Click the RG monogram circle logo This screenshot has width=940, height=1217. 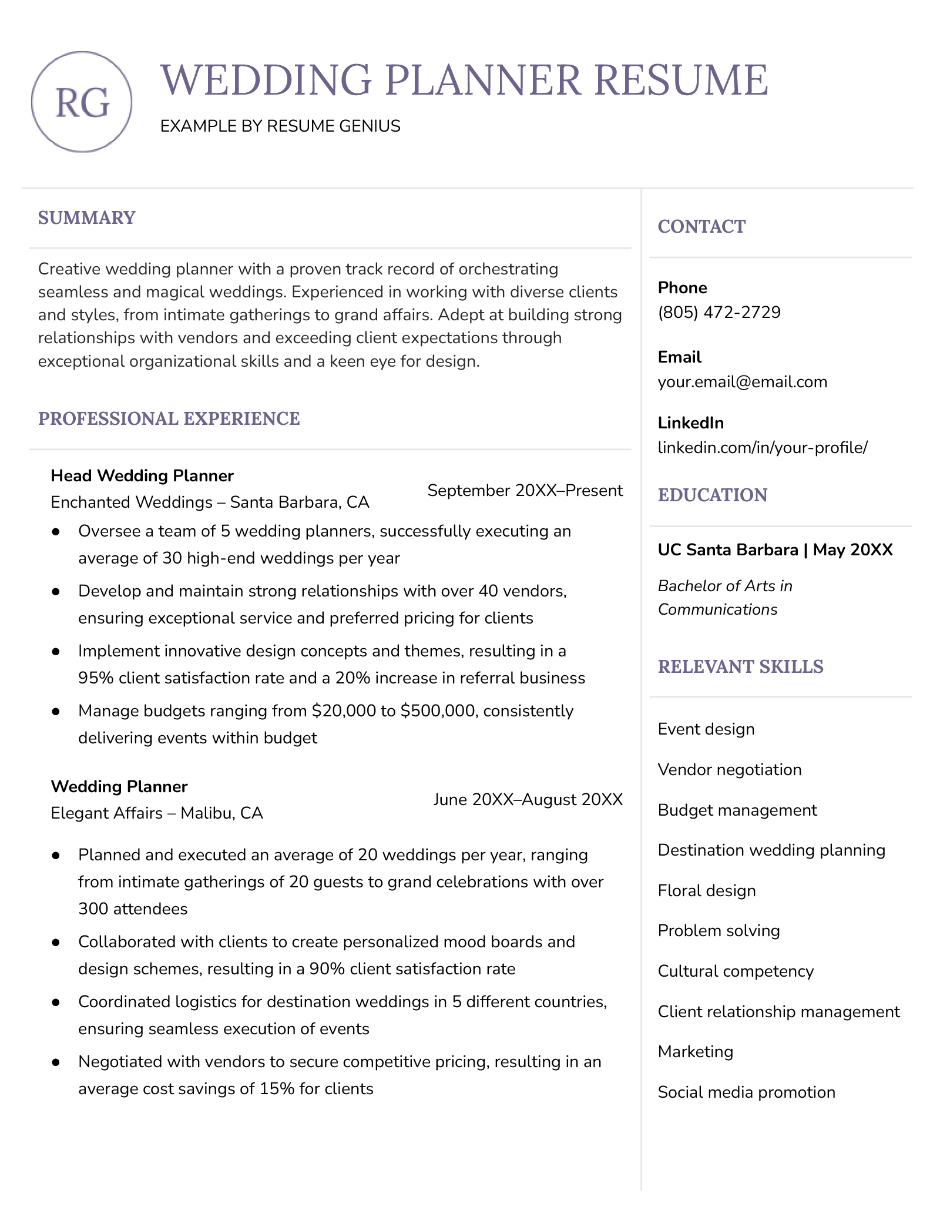click(x=82, y=102)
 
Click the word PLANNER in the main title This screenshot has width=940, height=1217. click(x=483, y=80)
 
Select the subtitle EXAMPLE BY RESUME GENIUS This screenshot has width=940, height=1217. click(x=280, y=126)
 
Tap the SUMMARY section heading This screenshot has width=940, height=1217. click(x=86, y=218)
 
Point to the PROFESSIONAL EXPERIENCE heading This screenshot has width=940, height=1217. click(x=169, y=419)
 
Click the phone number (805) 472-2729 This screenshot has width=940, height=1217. click(x=719, y=312)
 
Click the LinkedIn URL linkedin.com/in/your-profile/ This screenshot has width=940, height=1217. click(x=762, y=448)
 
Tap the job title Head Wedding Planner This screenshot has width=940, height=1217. click(x=142, y=476)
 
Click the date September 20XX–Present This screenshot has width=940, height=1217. click(x=525, y=491)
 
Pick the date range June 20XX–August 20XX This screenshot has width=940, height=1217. click(x=528, y=800)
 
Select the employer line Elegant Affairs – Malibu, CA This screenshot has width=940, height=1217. click(x=157, y=813)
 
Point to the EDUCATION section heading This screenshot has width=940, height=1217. click(x=712, y=495)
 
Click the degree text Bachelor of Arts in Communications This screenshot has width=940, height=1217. click(x=724, y=598)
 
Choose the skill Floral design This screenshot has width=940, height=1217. click(x=706, y=891)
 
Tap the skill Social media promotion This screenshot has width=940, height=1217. click(x=746, y=1092)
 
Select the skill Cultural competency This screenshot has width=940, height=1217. click(x=736, y=971)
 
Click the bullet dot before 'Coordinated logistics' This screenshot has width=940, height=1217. click(x=56, y=1002)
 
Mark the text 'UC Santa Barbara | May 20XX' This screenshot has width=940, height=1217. click(x=775, y=550)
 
